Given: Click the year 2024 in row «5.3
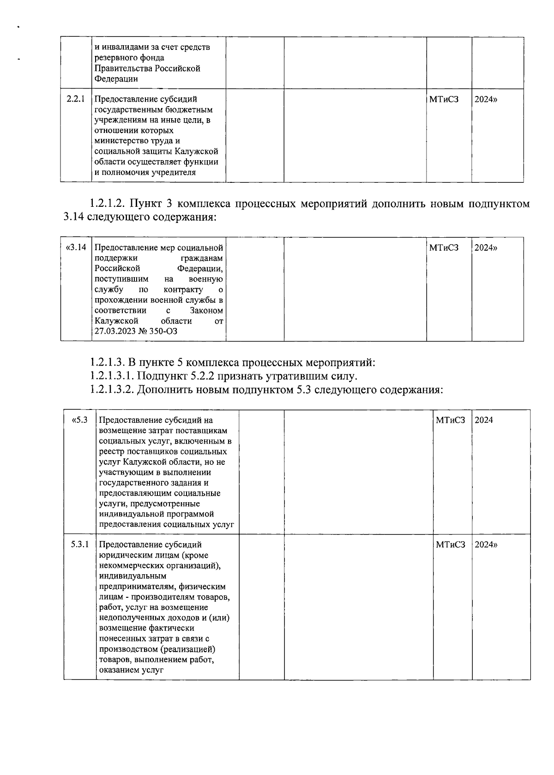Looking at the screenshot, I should (x=484, y=420).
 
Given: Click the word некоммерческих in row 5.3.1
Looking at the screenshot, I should (x=128, y=565).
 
